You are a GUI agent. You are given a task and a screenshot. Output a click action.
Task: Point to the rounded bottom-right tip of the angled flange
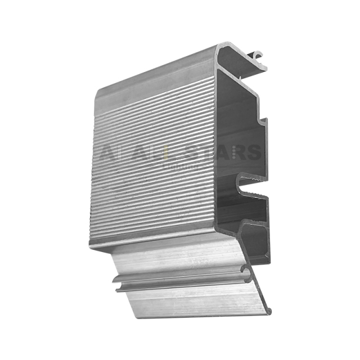click(x=269, y=310)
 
